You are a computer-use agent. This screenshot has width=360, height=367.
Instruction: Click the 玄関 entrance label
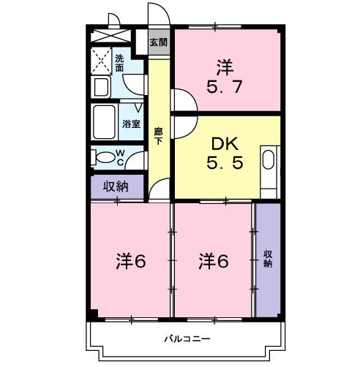click(158, 42)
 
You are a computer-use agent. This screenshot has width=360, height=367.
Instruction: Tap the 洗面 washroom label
click(119, 63)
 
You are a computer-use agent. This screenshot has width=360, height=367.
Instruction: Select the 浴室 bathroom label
click(132, 124)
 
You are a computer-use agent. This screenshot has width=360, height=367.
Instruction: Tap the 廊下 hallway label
click(158, 136)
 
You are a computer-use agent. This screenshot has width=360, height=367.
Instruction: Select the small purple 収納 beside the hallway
click(116, 186)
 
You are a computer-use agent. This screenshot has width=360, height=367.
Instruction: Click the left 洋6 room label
click(131, 260)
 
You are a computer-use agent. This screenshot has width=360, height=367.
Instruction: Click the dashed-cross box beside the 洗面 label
click(100, 59)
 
